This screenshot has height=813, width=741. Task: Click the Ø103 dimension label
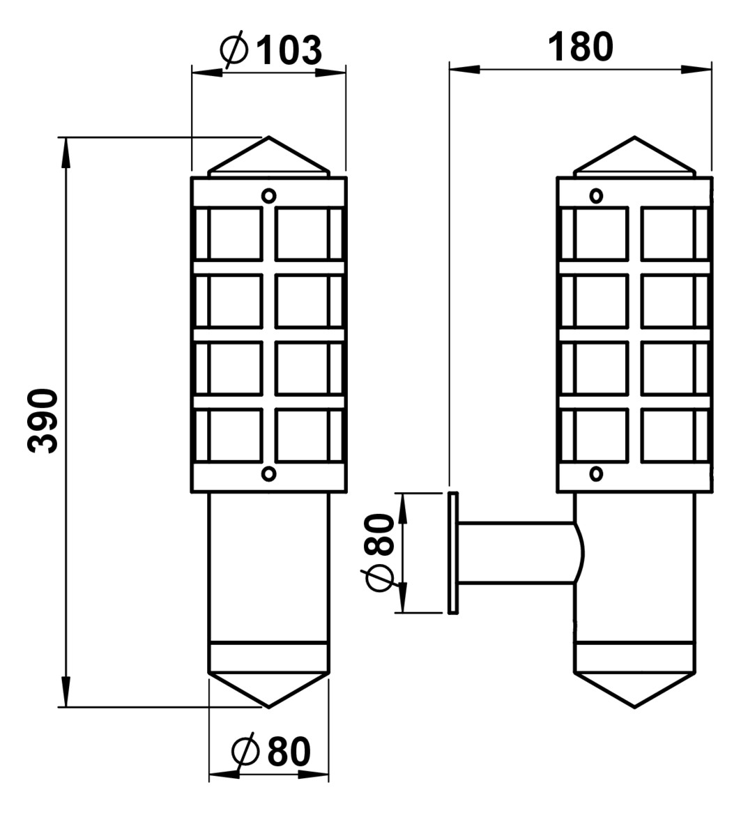[270, 49]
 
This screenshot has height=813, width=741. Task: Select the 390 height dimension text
[43, 421]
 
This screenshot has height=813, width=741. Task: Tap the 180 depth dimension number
[580, 47]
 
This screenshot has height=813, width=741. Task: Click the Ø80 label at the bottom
[270, 752]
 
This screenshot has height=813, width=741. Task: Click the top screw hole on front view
[268, 195]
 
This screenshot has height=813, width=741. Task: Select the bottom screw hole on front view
[268, 474]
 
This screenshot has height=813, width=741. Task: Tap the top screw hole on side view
[596, 195]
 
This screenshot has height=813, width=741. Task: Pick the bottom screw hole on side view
[596, 474]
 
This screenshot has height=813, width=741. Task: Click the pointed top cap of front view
[268, 157]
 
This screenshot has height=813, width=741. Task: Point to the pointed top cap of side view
[634, 157]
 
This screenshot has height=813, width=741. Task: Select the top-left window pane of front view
[235, 234]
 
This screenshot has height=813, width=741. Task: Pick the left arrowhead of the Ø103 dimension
[206, 71]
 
